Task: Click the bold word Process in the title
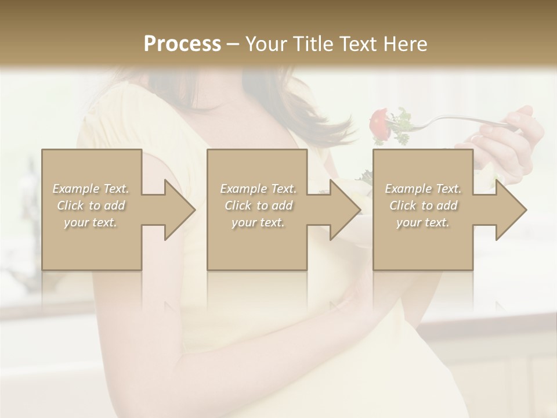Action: click(x=182, y=44)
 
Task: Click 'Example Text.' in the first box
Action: click(x=91, y=189)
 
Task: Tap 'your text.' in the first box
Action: click(x=91, y=222)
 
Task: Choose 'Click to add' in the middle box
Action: click(x=258, y=206)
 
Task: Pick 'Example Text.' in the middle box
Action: click(x=258, y=189)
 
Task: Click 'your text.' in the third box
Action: click(x=423, y=222)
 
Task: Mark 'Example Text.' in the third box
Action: click(x=423, y=189)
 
